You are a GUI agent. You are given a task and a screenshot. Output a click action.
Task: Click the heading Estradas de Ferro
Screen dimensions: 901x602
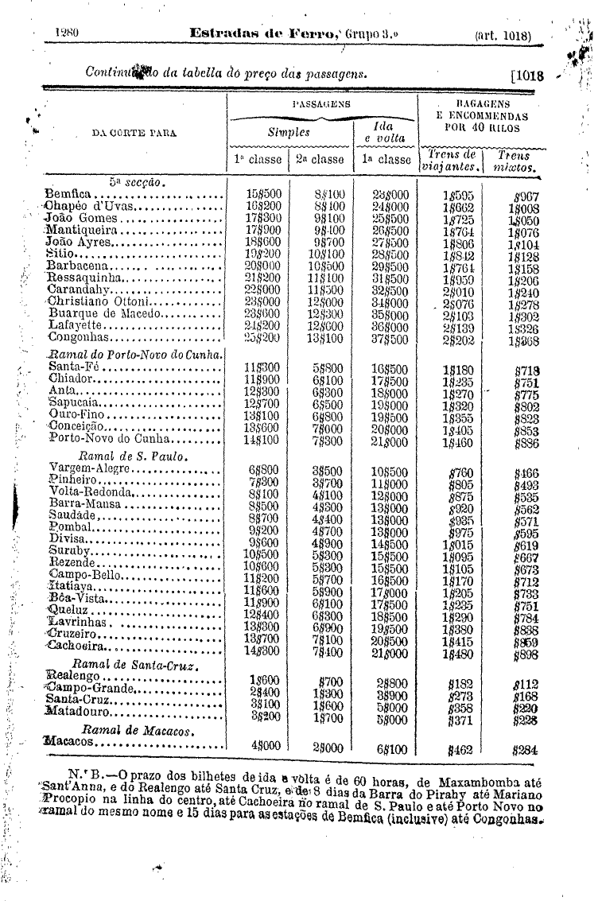[267, 35]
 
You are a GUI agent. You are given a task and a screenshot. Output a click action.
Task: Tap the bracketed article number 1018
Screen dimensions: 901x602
[526, 77]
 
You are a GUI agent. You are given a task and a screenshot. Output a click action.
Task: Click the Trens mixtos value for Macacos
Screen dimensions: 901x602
[526, 748]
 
